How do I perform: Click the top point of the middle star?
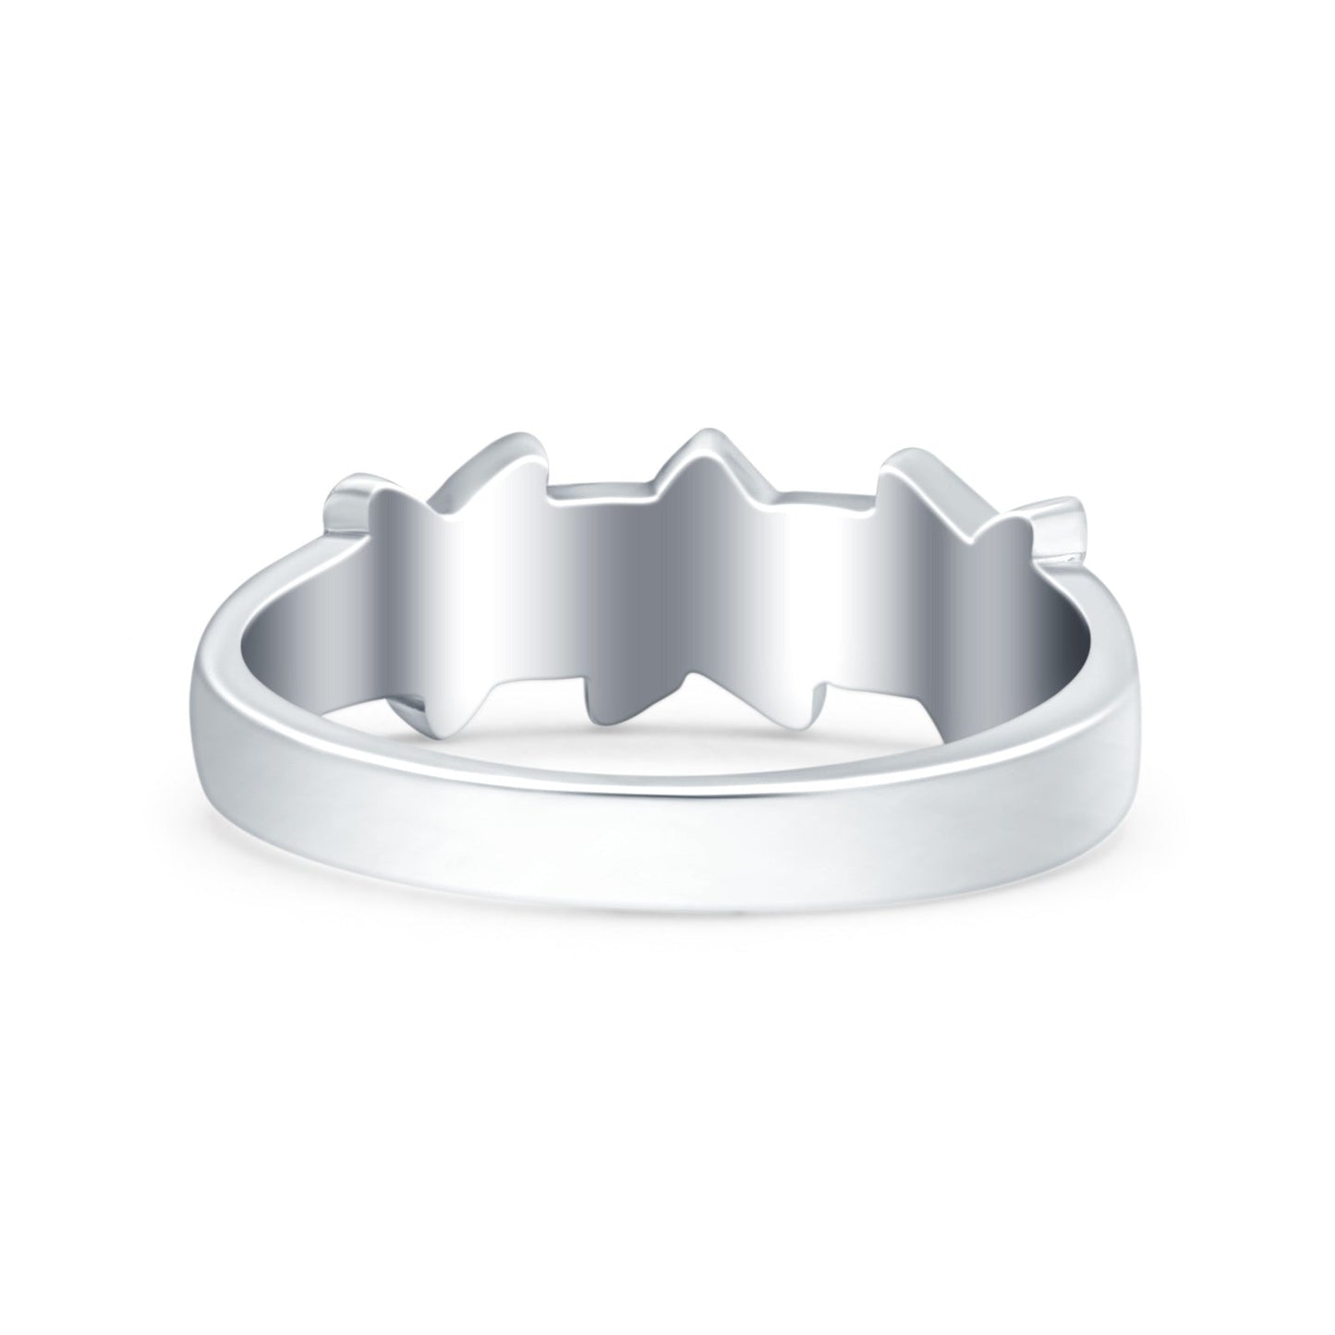point(707,436)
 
